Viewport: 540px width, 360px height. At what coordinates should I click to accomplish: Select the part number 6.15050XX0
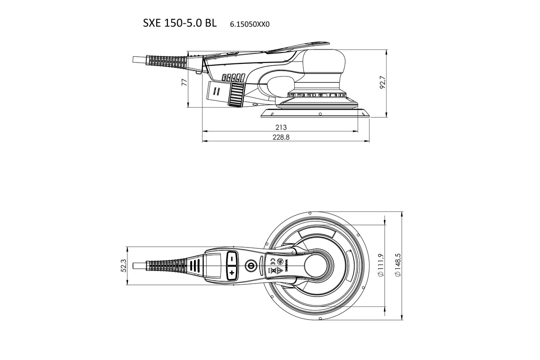(249, 25)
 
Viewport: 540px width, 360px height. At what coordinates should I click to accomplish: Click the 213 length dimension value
(281, 127)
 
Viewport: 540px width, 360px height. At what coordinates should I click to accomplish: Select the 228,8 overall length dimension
(281, 138)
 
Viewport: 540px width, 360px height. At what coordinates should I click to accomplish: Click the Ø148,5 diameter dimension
(397, 265)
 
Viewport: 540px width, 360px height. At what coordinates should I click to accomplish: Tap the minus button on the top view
(231, 259)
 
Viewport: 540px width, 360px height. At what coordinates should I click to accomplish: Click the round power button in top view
(250, 265)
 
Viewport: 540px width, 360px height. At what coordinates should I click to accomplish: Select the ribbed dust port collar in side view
(235, 95)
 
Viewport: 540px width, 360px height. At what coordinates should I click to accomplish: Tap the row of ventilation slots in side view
(233, 77)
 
